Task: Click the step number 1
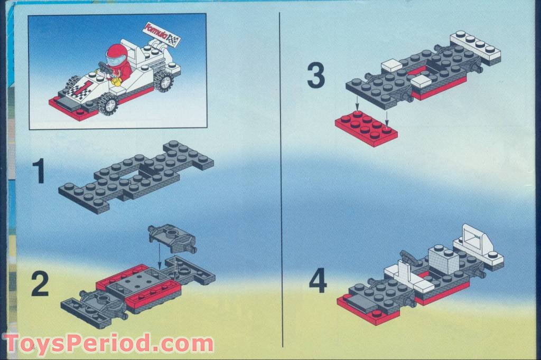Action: click(39, 171)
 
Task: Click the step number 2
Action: click(40, 283)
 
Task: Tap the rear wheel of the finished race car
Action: click(163, 81)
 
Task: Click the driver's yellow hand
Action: click(116, 81)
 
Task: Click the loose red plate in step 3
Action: click(366, 128)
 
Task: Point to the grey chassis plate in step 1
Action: click(136, 176)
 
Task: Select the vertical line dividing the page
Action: click(281, 180)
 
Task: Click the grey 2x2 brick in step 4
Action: click(444, 258)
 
